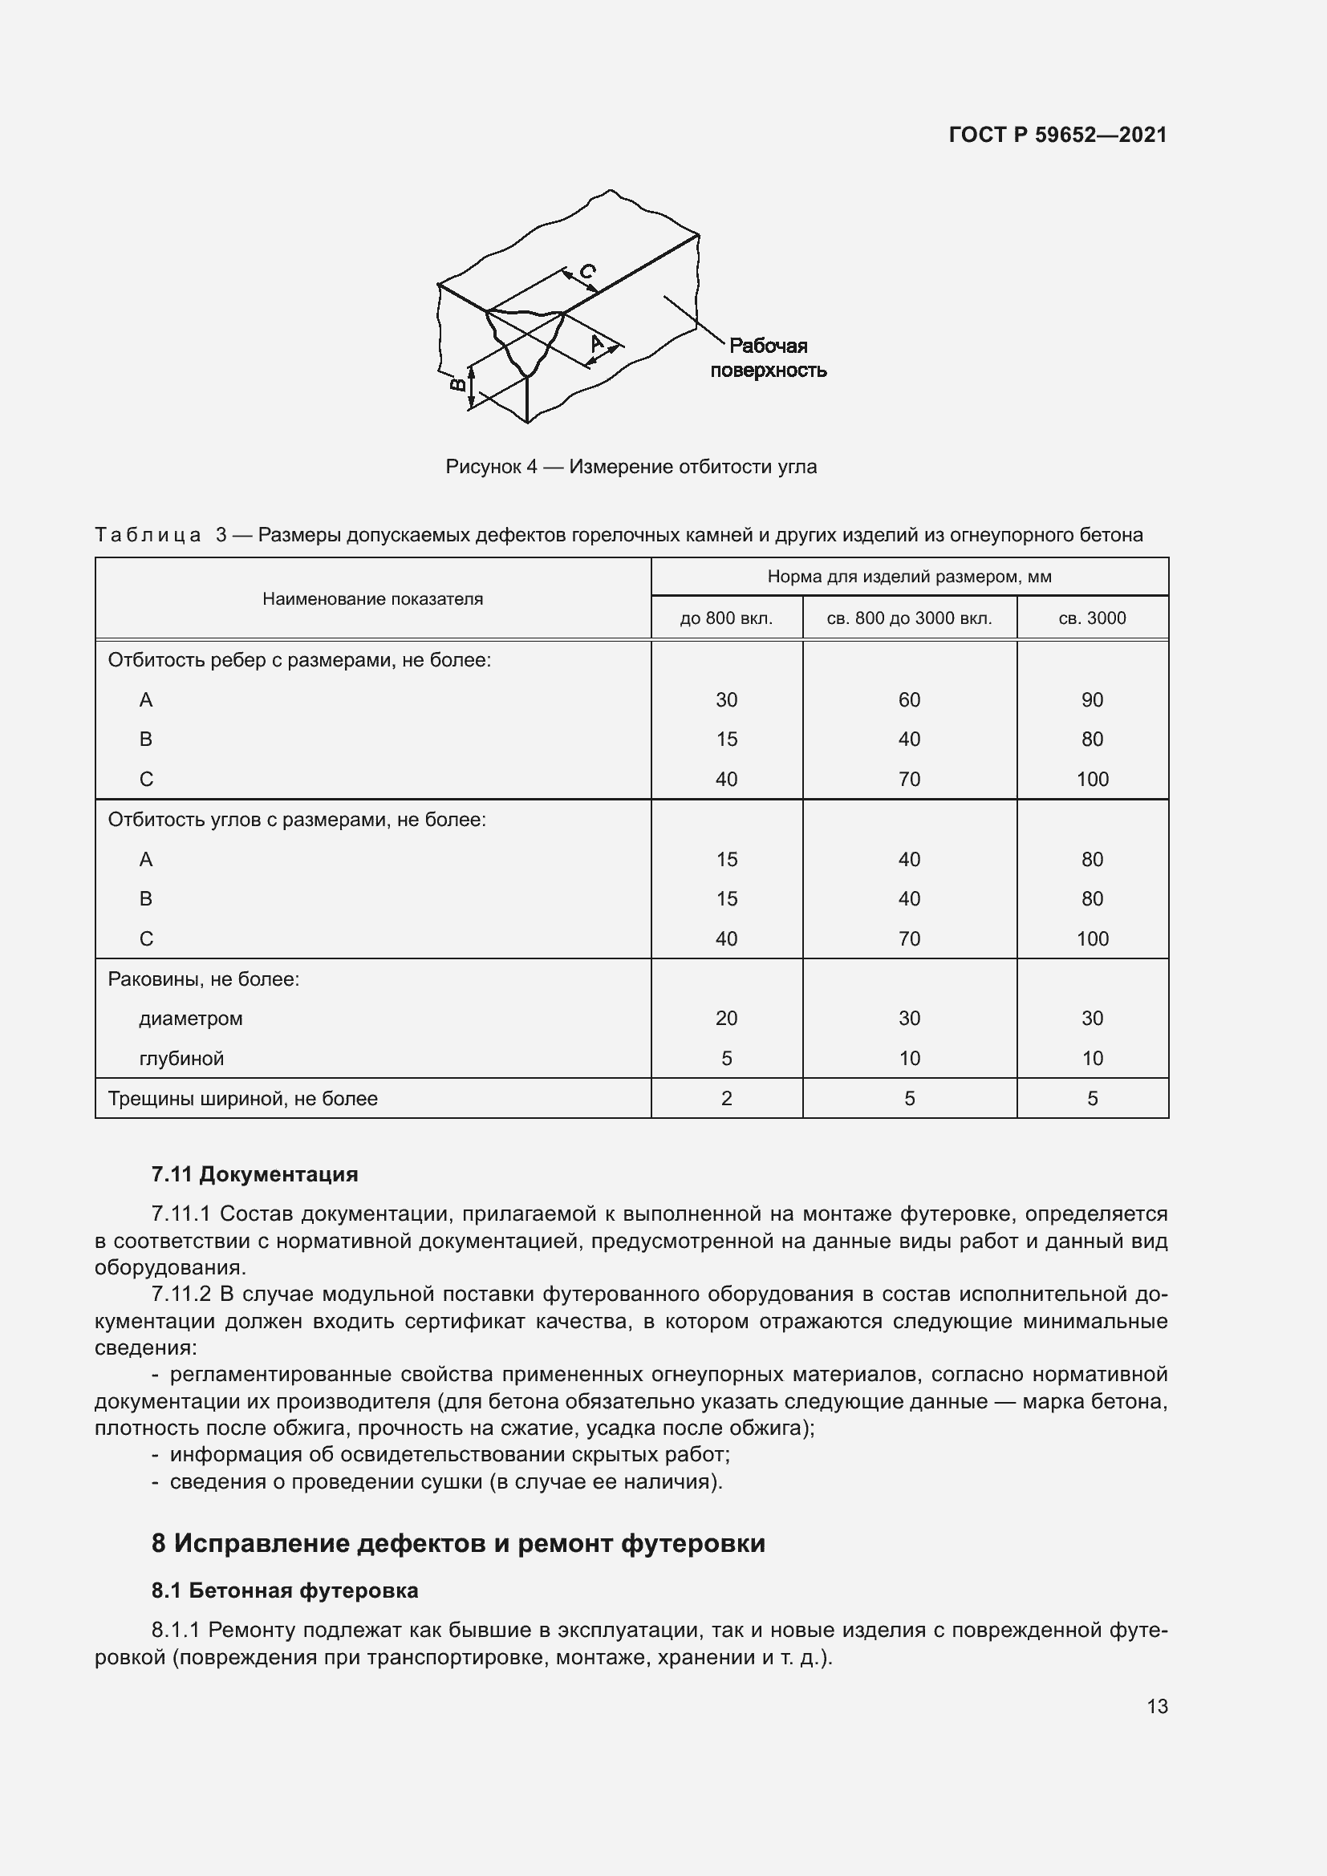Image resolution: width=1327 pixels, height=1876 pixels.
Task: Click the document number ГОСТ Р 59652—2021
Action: [1057, 135]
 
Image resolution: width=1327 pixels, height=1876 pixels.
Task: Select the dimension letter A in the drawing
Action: [598, 343]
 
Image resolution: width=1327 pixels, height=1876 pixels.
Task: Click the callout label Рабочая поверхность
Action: [768, 358]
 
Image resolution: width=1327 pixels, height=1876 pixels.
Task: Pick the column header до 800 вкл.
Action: [725, 618]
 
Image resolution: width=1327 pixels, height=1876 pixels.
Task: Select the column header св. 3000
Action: [1092, 618]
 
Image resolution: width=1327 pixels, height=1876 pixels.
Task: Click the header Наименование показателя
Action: [372, 599]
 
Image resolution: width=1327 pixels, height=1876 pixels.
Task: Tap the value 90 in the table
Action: [1092, 699]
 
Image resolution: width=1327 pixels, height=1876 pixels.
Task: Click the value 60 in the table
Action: [909, 699]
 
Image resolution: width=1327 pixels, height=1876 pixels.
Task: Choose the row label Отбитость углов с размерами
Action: [297, 820]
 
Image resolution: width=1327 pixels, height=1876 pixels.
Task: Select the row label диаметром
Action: [190, 1018]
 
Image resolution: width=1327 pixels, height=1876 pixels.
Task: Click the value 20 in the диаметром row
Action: [725, 1018]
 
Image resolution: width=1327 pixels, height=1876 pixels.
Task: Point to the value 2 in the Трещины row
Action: [725, 1098]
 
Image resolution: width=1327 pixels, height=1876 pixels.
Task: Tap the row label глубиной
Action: [181, 1058]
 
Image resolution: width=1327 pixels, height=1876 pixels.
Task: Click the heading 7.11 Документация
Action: [254, 1174]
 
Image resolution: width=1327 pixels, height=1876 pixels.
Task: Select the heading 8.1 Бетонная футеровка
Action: [284, 1590]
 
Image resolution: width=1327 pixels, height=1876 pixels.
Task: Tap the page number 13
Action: [1157, 1706]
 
